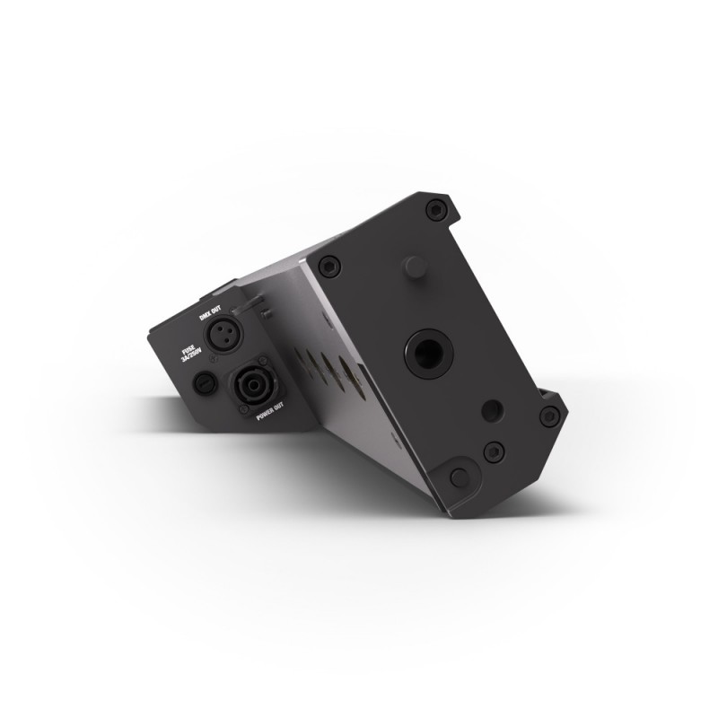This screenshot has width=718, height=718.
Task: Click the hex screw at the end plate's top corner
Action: pyautogui.click(x=436, y=210)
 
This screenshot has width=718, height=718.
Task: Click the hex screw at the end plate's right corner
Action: pyautogui.click(x=549, y=416)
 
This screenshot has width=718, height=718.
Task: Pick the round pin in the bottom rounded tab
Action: pyautogui.click(x=459, y=477)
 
